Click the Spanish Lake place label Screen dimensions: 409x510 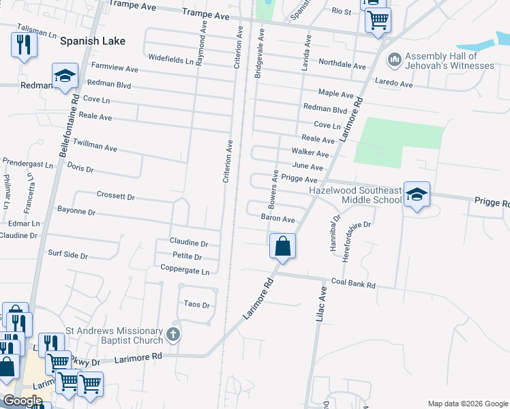coord(93,41)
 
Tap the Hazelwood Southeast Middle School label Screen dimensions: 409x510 coord(355,196)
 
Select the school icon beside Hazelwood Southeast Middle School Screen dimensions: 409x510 coord(417,194)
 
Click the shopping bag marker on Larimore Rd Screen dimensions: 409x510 coord(282,246)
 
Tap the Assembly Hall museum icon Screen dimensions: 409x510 coord(394,61)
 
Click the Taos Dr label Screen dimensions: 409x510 coord(198,305)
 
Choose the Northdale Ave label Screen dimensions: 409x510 coord(342,65)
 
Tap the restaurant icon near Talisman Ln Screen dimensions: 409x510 coord(24,45)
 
